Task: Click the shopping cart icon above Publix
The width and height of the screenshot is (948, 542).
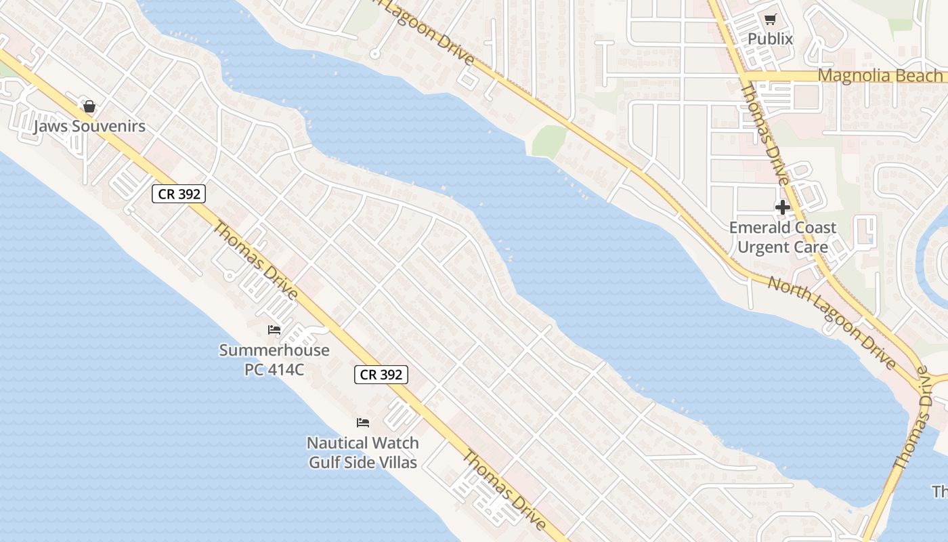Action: [x=770, y=20]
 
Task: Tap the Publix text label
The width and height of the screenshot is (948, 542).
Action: [x=770, y=39]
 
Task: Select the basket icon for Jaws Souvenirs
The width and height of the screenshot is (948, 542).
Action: [x=89, y=106]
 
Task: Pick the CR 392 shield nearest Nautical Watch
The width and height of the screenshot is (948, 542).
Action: [x=381, y=375]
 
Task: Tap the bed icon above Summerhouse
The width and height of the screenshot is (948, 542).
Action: [x=274, y=330]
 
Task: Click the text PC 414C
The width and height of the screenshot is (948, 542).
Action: [x=274, y=369]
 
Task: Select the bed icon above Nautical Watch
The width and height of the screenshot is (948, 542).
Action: [x=363, y=423]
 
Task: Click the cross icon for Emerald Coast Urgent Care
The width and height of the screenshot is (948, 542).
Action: [x=783, y=207]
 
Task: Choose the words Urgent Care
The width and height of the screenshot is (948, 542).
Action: [x=783, y=247]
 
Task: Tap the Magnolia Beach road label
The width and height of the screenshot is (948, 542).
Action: [x=880, y=75]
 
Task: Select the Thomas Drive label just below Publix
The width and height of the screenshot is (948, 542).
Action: [x=765, y=134]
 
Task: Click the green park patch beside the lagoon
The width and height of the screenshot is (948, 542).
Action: [x=548, y=141]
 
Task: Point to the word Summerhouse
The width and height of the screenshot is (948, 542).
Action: [x=274, y=350]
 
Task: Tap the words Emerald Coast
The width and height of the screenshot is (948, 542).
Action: [x=783, y=228]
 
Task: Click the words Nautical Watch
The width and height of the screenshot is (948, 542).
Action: [x=363, y=443]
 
